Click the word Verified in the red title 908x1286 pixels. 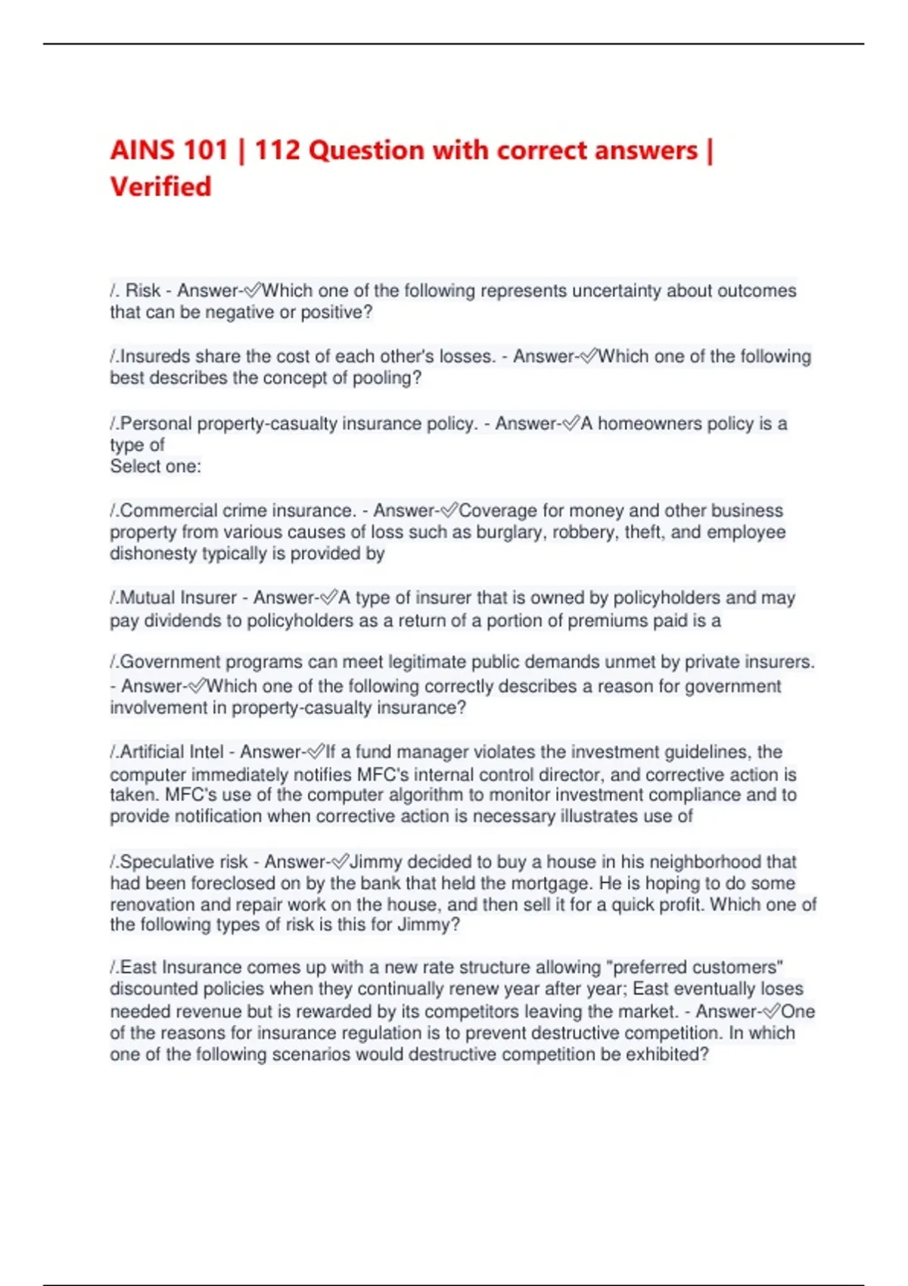160,187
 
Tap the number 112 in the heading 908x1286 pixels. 277,150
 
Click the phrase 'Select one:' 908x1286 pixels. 156,467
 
